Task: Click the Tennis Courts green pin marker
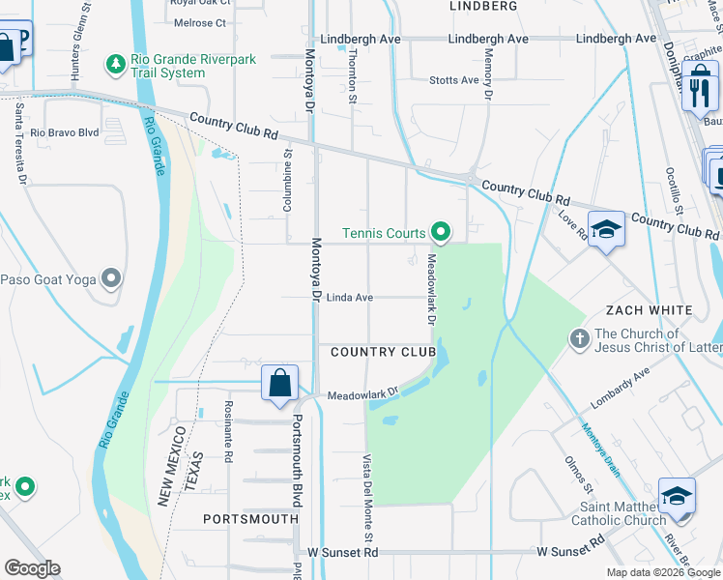click(x=441, y=232)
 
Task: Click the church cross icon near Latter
click(x=579, y=339)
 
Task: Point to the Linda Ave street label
click(x=349, y=298)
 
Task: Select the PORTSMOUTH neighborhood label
click(x=250, y=519)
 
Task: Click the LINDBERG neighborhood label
click(x=483, y=6)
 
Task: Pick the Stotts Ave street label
click(x=454, y=80)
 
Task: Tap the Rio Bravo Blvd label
click(x=65, y=132)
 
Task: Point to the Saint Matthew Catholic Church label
click(x=623, y=513)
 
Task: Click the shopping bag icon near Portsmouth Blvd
click(x=279, y=383)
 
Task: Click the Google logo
click(x=32, y=568)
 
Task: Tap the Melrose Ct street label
click(x=197, y=22)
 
